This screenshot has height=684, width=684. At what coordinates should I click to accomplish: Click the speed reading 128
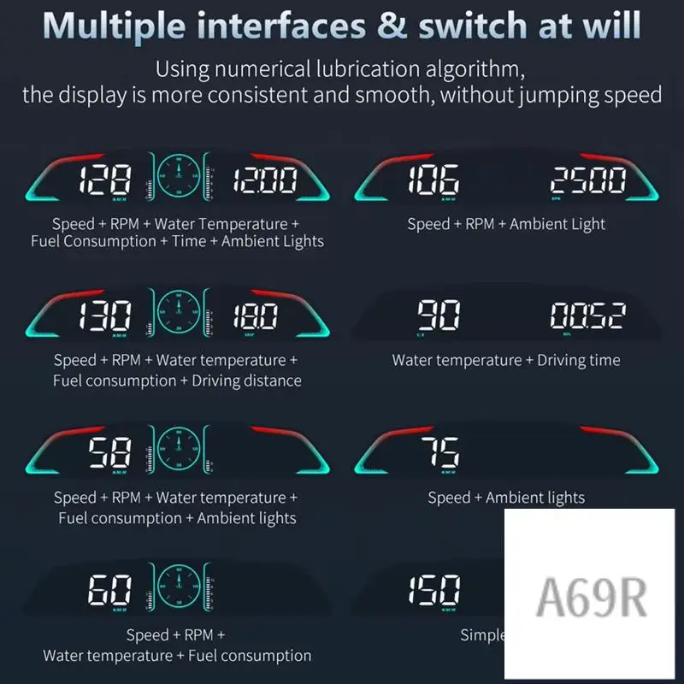point(104,180)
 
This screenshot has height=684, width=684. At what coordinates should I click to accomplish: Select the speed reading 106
point(433,180)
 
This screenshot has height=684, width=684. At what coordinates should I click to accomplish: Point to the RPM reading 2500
point(588,180)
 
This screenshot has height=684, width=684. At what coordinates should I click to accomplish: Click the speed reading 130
point(106,317)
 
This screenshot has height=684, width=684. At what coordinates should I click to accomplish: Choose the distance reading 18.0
point(253,317)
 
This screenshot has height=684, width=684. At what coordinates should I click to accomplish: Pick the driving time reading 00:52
point(587,316)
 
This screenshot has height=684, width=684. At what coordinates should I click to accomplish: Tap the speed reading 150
point(434,589)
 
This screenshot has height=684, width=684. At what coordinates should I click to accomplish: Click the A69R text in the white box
point(591,598)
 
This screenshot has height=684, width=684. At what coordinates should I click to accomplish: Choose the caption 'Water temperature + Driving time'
point(506,360)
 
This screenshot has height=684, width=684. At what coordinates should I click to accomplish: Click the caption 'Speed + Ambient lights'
point(506,498)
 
